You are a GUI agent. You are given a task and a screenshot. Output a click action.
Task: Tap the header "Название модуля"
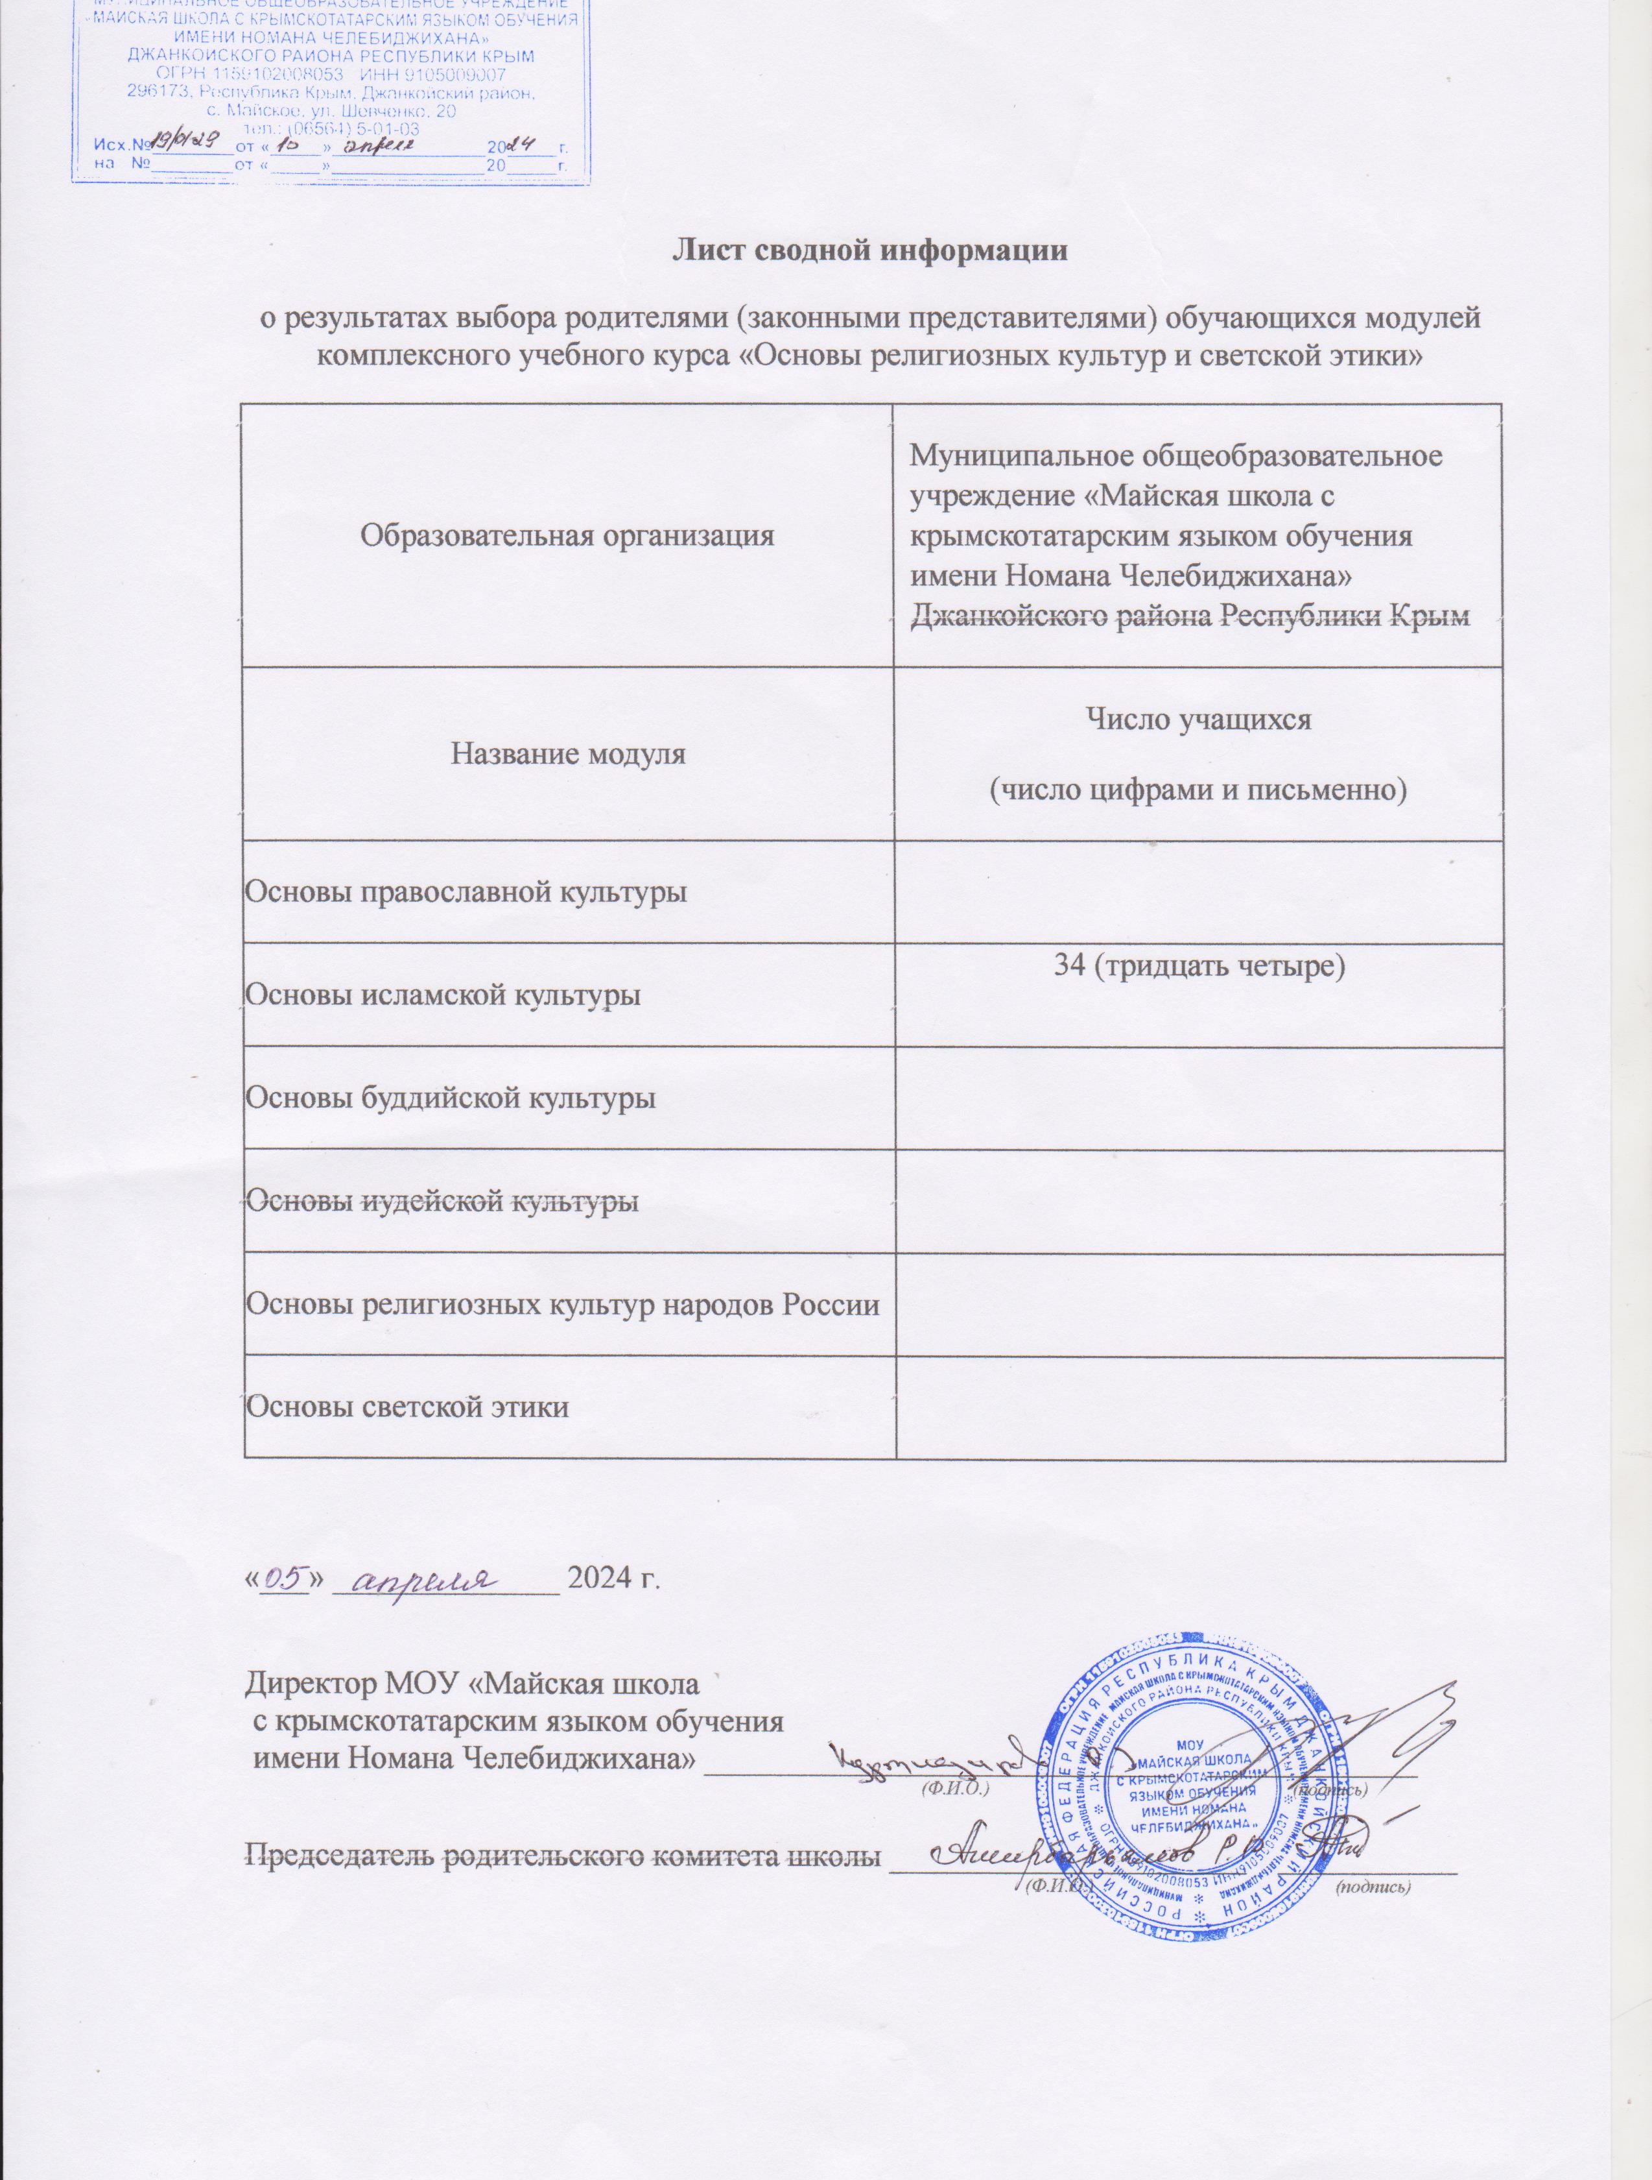point(567,755)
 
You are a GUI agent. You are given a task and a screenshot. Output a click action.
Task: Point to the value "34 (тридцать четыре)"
point(1199,968)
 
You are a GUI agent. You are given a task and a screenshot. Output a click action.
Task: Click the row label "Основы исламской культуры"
point(442,995)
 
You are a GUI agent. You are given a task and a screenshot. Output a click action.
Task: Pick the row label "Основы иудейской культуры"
point(440,1202)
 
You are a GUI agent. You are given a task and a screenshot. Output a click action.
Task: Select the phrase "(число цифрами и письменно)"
point(1198,790)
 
